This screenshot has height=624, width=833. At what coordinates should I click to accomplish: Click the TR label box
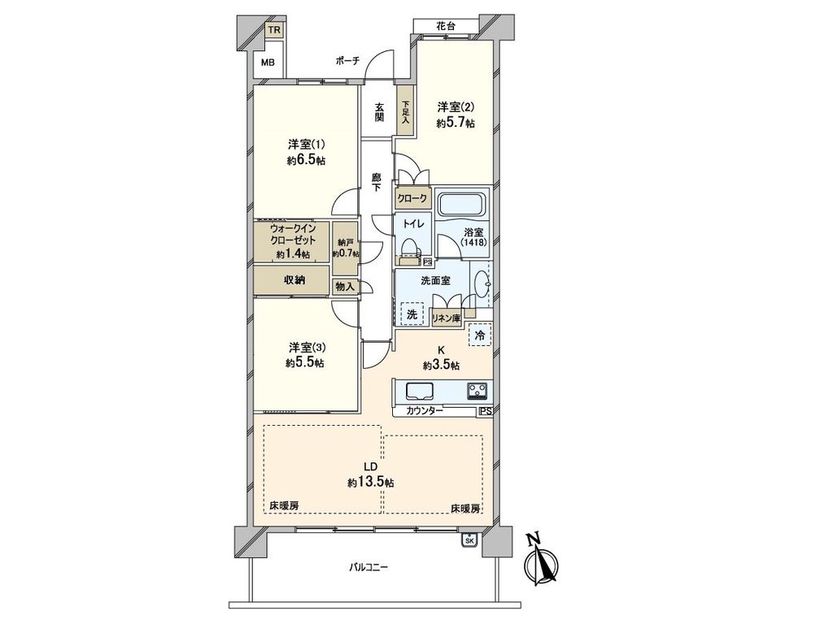tap(274, 30)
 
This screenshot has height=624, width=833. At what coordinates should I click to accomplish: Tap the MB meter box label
tap(268, 62)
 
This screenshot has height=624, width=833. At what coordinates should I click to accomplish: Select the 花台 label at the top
tap(446, 25)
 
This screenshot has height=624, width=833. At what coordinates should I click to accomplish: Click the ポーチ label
tap(348, 60)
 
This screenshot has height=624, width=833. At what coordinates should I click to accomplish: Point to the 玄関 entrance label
tap(379, 112)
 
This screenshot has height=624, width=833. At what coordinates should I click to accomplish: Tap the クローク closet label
tap(412, 198)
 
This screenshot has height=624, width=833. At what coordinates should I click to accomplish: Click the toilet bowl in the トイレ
tap(410, 249)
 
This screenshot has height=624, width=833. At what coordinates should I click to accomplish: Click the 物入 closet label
tap(345, 287)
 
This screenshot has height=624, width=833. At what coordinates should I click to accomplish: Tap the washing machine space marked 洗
tap(412, 314)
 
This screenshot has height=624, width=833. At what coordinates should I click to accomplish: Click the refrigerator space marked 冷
tap(480, 335)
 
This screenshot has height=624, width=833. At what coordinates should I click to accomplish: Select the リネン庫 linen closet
tap(446, 318)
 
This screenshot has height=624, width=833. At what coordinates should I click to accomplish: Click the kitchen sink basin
tap(420, 391)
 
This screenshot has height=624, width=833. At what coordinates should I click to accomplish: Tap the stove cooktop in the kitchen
tap(477, 391)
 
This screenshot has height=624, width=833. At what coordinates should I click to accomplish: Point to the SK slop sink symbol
tap(469, 539)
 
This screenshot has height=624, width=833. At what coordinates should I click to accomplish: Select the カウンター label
tap(425, 410)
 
